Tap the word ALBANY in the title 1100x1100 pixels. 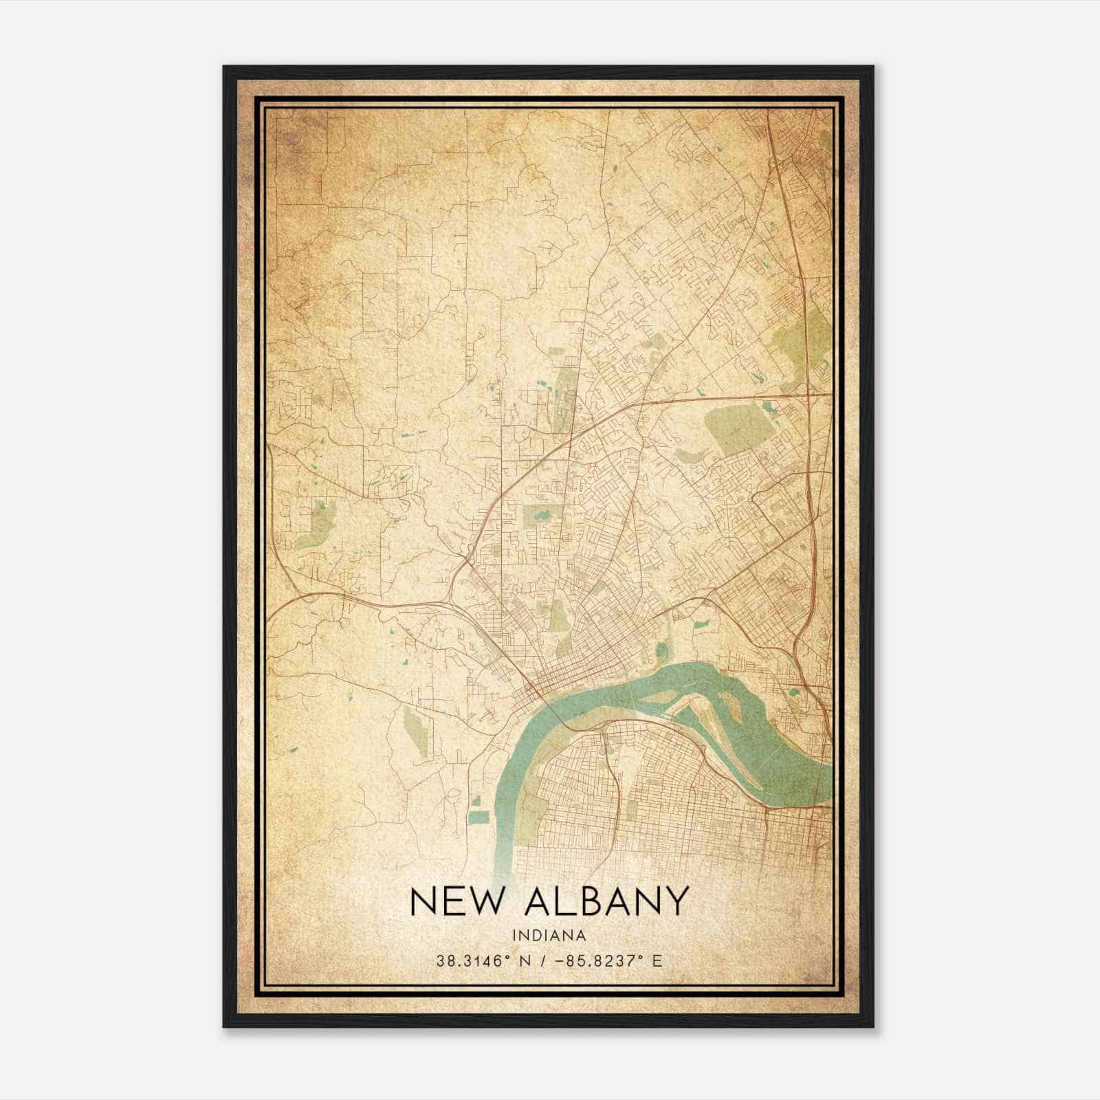point(606,901)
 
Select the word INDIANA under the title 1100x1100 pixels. point(549,936)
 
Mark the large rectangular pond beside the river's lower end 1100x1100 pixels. point(478,817)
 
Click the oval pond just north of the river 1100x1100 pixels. point(661,650)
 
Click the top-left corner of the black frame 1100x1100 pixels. point(224,67)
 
